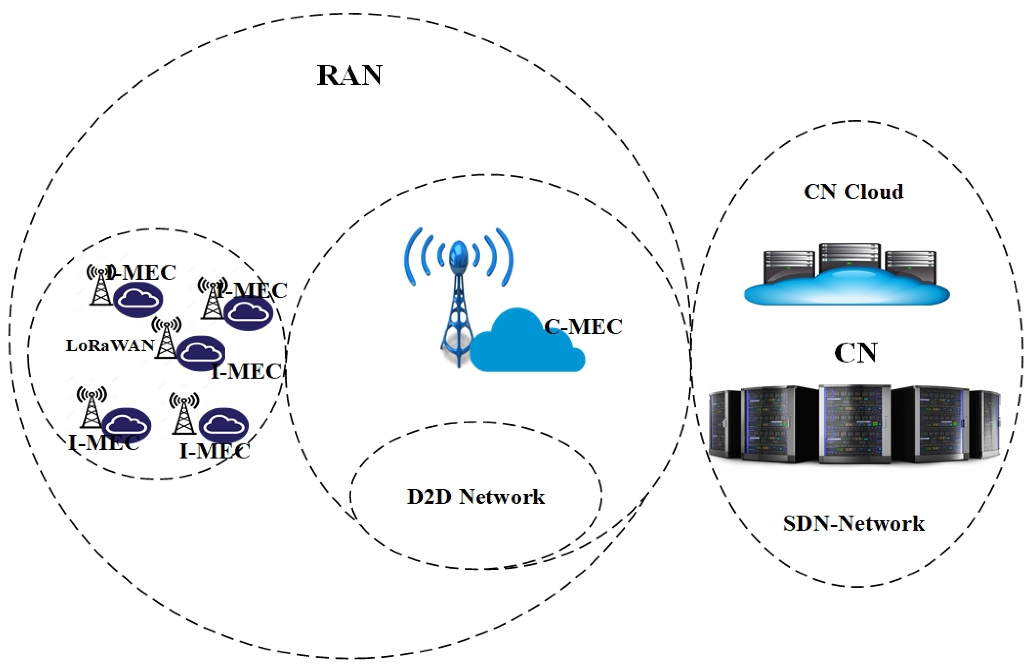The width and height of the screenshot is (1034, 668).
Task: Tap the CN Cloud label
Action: point(854,192)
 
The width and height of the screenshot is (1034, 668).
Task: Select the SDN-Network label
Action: point(854,523)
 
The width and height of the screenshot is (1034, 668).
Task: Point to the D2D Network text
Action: point(475,497)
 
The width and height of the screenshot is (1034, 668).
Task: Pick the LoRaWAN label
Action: point(110,345)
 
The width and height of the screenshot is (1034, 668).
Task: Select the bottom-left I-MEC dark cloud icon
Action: point(126,425)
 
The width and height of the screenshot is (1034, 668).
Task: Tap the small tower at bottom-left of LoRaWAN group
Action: point(91,408)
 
